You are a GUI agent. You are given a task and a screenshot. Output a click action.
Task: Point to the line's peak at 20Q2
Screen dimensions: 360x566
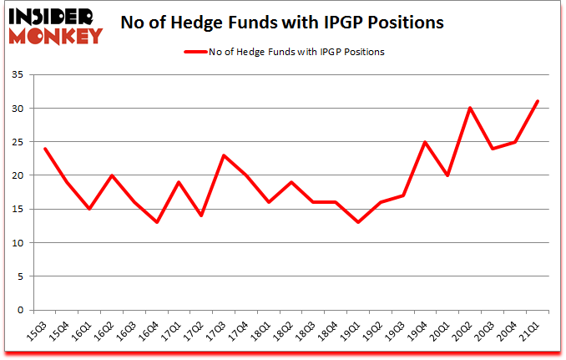pos(471,108)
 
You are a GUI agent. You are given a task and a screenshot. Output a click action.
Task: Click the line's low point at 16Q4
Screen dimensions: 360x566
pos(157,222)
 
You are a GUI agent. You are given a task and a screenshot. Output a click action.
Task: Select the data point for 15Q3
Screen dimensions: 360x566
pos(44,149)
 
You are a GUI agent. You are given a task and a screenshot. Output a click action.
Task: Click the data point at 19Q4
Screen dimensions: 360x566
pos(426,142)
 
